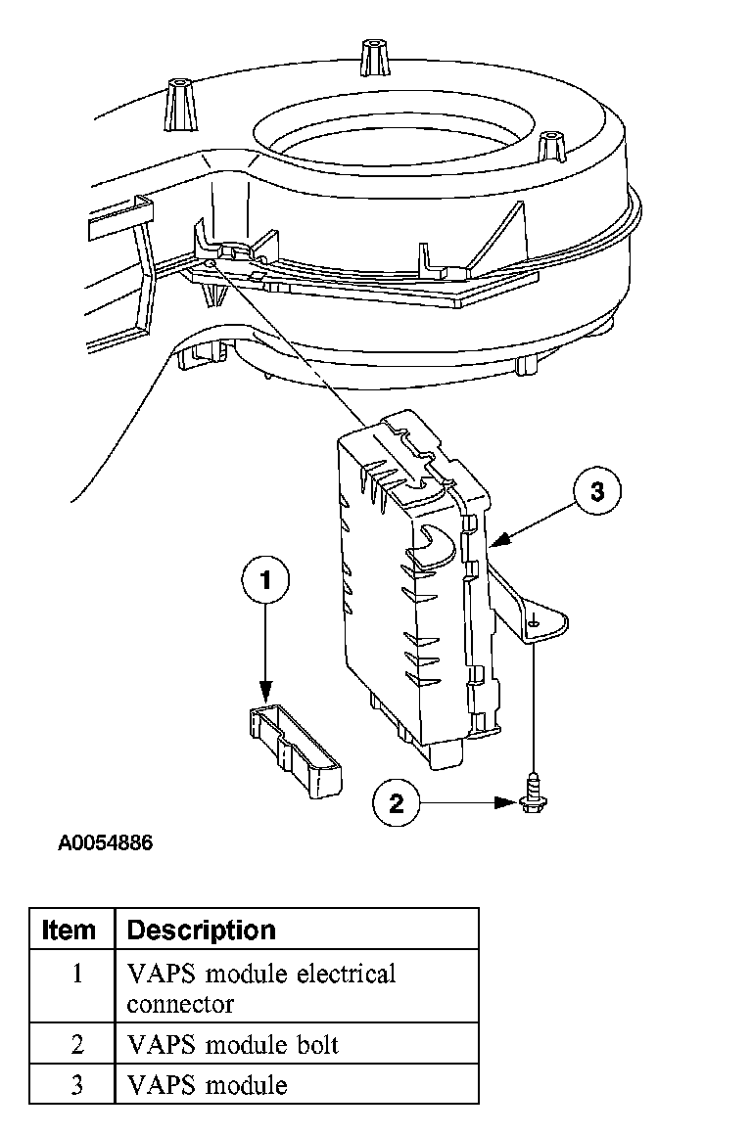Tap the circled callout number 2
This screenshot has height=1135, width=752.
click(x=396, y=803)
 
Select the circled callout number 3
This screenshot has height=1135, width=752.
click(x=597, y=491)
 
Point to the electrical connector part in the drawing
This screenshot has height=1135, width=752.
click(x=293, y=749)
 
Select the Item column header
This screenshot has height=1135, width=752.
click(x=70, y=929)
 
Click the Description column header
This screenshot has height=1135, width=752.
click(x=202, y=929)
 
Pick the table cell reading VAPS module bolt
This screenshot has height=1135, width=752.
click(x=233, y=1045)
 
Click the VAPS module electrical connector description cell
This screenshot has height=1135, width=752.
click(x=261, y=988)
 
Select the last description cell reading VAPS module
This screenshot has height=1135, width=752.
click(x=208, y=1085)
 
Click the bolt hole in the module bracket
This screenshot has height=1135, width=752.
click(x=532, y=622)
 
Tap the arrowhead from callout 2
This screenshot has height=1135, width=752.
click(x=511, y=803)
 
